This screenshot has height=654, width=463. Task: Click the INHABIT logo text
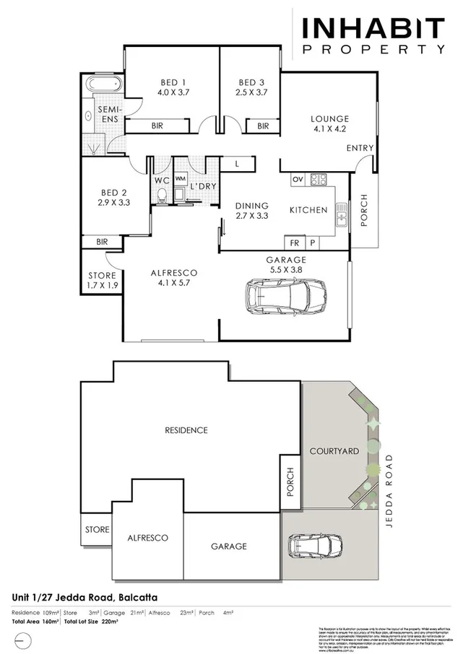coord(373,28)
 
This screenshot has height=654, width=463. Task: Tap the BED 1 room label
coord(172,87)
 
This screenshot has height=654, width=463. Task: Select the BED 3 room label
coord(252,87)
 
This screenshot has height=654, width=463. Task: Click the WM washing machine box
coord(180,178)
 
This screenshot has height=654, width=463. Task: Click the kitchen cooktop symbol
coord(319,178)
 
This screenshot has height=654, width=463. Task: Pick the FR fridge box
coord(295,243)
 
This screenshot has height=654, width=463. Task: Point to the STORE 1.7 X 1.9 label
coord(101,280)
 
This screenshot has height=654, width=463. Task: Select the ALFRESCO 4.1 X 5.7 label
coord(173,278)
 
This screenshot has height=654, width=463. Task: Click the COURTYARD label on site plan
coord(334,451)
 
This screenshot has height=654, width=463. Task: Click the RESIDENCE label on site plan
coord(186,430)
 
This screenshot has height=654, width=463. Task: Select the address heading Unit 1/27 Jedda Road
coord(85,598)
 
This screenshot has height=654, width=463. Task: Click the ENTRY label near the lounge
coord(360,148)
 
